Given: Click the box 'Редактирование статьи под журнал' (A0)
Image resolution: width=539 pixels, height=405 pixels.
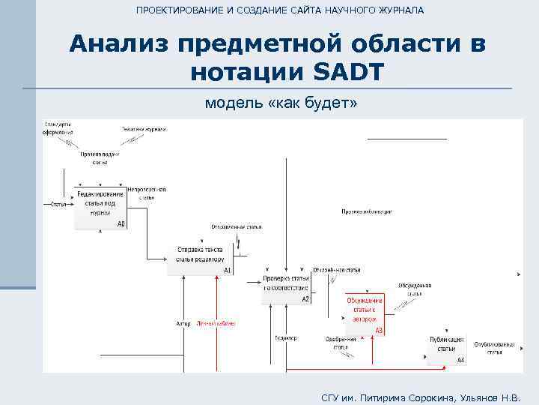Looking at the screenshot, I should click(x=100, y=205).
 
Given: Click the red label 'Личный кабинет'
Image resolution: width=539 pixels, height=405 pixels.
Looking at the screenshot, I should click(x=216, y=324).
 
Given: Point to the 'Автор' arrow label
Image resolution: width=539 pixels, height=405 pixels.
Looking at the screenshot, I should click(x=183, y=324).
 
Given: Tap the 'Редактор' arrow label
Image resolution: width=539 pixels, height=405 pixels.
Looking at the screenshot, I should click(x=286, y=337).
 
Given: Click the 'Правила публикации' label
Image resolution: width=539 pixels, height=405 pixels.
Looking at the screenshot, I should click(x=367, y=212).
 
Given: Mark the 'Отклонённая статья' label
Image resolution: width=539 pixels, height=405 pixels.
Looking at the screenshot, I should click(x=337, y=268).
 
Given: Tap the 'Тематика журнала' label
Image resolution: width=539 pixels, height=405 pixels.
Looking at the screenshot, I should click(x=144, y=129).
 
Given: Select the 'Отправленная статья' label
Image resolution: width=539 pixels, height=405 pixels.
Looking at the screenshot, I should click(x=237, y=226).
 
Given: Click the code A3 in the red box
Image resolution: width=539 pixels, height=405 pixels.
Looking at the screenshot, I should click(x=379, y=331).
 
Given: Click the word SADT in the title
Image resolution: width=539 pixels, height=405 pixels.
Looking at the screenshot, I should click(x=345, y=72).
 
